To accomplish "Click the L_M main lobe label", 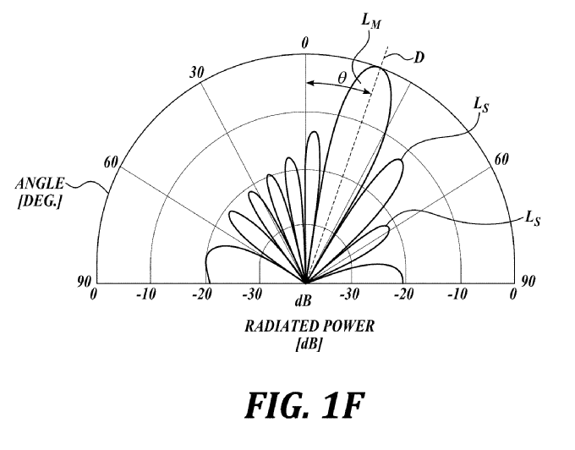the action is tap(370, 21).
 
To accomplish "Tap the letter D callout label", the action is tap(419, 58).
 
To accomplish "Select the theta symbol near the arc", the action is tap(342, 78).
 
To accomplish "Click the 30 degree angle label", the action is tap(196, 73).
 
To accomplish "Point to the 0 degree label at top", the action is tap(305, 43).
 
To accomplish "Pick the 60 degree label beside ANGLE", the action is tap(111, 162).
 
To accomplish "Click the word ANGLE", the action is tap(40, 184).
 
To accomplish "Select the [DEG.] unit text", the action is tap(40, 201).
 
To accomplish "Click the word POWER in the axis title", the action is tap(345, 326).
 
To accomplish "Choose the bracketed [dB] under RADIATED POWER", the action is tap(309, 344).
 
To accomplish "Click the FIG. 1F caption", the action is tap(305, 405).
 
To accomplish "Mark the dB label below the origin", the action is tap(304, 301).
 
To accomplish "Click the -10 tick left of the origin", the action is tap(146, 294).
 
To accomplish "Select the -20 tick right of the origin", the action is tap(403, 294).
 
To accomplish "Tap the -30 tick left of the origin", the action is tap(252, 294).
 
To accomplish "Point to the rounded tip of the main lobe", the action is tap(378, 67).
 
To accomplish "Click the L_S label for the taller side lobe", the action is tap(481, 105).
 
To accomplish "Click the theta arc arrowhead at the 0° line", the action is tap(309, 83).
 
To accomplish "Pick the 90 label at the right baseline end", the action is tap(528, 281).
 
